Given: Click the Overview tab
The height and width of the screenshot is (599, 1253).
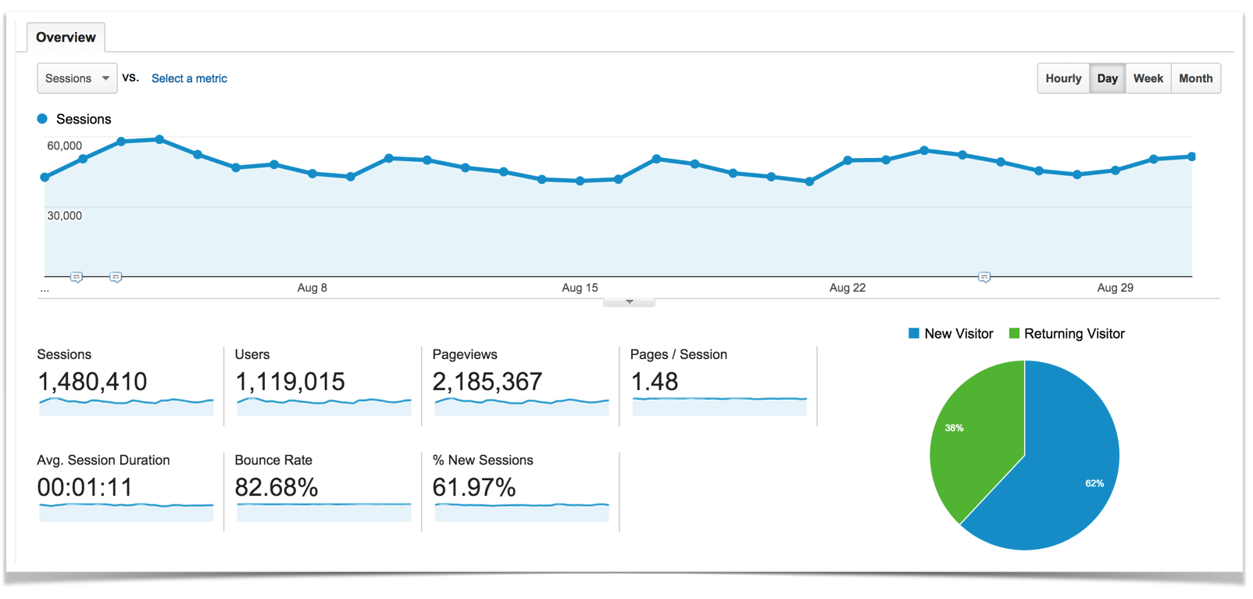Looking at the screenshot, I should [x=66, y=38].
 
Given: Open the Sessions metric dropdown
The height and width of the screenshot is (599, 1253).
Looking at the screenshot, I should [x=77, y=78].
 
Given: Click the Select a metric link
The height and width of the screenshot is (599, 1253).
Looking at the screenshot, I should [x=189, y=78].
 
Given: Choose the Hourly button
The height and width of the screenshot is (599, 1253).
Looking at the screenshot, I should [x=1063, y=78].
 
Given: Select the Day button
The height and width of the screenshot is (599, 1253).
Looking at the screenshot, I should [x=1107, y=78].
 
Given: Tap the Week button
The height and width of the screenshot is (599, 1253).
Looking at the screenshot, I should [x=1148, y=78].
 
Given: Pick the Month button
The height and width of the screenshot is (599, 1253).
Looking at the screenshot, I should [x=1195, y=78].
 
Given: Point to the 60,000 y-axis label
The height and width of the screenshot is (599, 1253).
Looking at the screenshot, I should [x=64, y=145].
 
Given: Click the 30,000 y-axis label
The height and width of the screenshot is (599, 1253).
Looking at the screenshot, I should [x=64, y=216].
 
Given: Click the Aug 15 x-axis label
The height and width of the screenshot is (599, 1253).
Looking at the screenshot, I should [x=580, y=288].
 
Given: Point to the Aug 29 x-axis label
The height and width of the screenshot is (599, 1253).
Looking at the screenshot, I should [x=1115, y=288].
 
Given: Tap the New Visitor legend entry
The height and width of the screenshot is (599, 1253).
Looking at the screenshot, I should [x=951, y=334].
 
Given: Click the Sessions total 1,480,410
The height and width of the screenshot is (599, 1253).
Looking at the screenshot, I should [x=92, y=382].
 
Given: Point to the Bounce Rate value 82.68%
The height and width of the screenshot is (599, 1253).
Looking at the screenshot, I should [x=276, y=487].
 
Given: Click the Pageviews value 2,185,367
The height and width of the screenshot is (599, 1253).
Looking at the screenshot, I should [x=487, y=382].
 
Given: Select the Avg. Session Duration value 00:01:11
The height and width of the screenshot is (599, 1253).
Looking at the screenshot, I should [x=84, y=487].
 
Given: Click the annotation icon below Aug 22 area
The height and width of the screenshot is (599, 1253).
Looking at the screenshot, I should [x=984, y=278].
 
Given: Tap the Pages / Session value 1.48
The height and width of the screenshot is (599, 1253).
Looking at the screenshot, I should [x=654, y=382].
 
